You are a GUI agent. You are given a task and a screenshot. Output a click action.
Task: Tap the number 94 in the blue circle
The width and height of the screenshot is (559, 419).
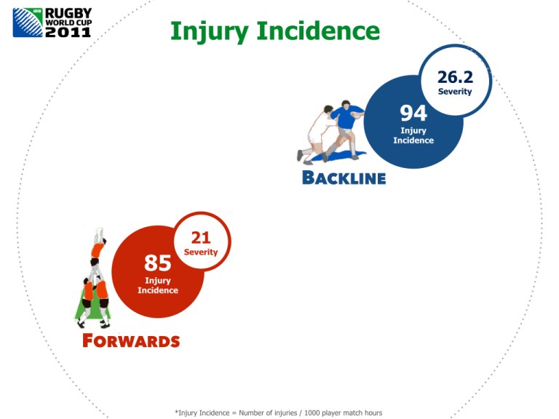tap(413, 113)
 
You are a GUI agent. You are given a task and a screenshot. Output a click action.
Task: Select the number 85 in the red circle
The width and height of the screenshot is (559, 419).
tap(158, 262)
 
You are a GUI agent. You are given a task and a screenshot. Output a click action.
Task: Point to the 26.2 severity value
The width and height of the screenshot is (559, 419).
tap(455, 76)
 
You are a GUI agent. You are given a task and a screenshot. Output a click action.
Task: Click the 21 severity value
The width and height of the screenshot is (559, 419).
tap(201, 238)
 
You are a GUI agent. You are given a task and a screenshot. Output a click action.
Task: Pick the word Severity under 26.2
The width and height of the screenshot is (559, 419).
tap(455, 92)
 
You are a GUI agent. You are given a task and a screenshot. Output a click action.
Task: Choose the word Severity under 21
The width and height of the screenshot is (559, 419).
tap(201, 252)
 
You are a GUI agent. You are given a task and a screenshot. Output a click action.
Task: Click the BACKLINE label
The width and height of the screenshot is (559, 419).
tap(344, 178)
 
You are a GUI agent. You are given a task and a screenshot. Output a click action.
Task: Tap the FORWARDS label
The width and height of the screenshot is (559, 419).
tap(131, 340)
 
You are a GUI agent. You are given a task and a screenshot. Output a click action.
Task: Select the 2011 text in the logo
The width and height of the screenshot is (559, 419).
tap(68, 32)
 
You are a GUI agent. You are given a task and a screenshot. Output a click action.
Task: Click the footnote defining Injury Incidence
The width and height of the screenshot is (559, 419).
tap(279, 412)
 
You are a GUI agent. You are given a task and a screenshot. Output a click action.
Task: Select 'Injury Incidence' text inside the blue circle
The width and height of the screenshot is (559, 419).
tap(413, 135)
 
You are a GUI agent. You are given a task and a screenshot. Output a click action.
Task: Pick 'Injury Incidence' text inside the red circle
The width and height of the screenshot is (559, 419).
tap(158, 285)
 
